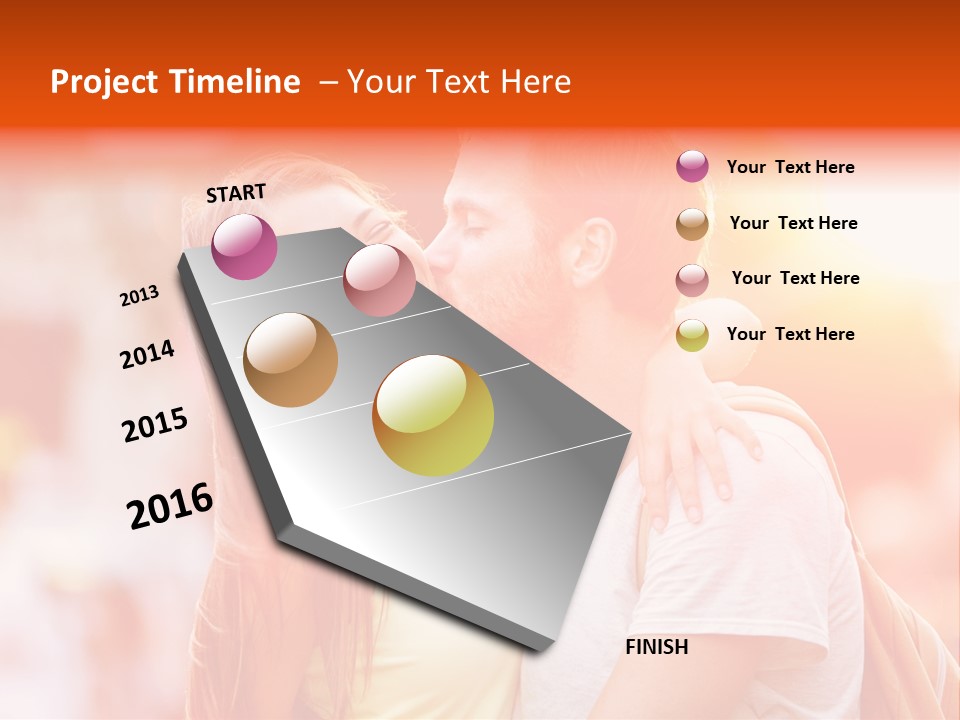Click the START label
coord(236,193)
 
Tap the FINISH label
coord(656,647)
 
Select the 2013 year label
coord(140,295)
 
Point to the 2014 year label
coord(147,355)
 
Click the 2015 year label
coord(155,425)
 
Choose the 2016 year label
coord(170,505)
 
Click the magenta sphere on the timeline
coord(244,246)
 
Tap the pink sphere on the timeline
coord(379,280)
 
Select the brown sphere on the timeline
coord(291,360)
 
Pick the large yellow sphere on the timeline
coord(433,415)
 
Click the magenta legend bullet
coord(692,166)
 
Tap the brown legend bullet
coord(692,224)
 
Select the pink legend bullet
coord(692,280)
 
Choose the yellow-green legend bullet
coord(692,335)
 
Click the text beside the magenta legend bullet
coord(790,167)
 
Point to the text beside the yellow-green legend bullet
coord(790,334)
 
